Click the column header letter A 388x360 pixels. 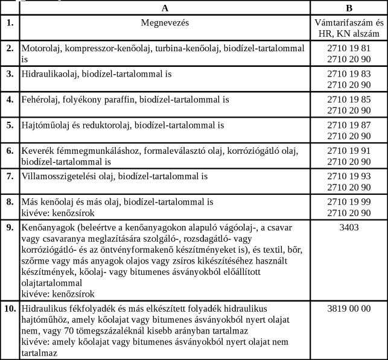(165, 8)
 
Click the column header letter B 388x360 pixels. (349, 8)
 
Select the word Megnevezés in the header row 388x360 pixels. (165, 23)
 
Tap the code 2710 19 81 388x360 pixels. (349, 47)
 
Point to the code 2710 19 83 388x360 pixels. (349, 74)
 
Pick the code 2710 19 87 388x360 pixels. (349, 125)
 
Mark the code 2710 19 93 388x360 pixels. (349, 177)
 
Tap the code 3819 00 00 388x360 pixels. (349, 308)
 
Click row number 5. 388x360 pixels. (10, 125)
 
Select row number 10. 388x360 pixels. (10, 308)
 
